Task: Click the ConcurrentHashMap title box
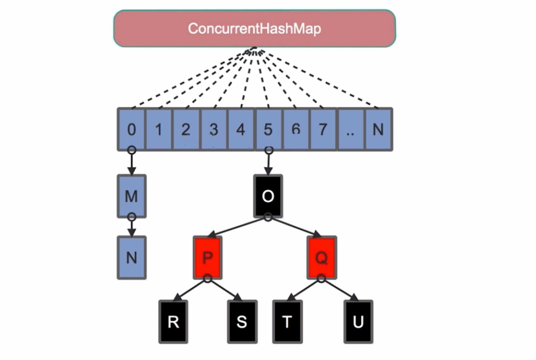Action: pyautogui.click(x=254, y=28)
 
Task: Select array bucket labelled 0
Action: pyautogui.click(x=131, y=129)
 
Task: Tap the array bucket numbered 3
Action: pyautogui.click(x=214, y=129)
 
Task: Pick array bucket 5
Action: pyautogui.click(x=268, y=129)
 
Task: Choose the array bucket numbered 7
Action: pyautogui.click(x=323, y=129)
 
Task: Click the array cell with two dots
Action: pyautogui.click(x=350, y=129)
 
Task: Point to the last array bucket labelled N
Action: pyautogui.click(x=378, y=129)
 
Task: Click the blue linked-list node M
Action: pyautogui.click(x=131, y=196)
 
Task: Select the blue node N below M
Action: pyautogui.click(x=131, y=258)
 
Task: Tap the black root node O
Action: pyautogui.click(x=268, y=196)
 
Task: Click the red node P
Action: pyautogui.click(x=207, y=258)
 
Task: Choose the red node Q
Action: pyautogui.click(x=321, y=258)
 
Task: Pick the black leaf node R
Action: pyautogui.click(x=173, y=322)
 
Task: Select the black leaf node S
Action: pyautogui.click(x=242, y=322)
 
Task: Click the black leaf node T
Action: pyautogui.click(x=287, y=322)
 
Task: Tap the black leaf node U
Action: pyautogui.click(x=358, y=322)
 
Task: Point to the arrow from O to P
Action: pyautogui.click(x=237, y=228)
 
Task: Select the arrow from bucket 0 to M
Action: pyautogui.click(x=131, y=163)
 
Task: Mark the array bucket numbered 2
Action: pyautogui.click(x=186, y=129)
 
